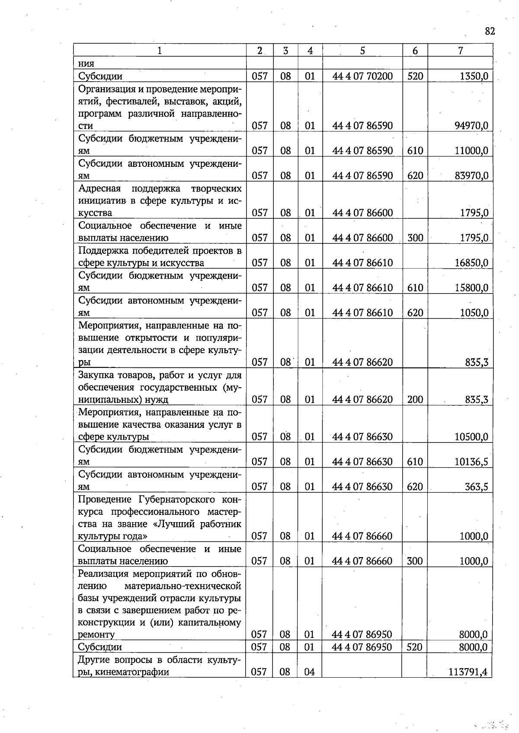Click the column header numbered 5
362,51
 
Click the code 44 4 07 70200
362,76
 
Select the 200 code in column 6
415,399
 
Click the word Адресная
99,188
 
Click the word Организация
107,89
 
